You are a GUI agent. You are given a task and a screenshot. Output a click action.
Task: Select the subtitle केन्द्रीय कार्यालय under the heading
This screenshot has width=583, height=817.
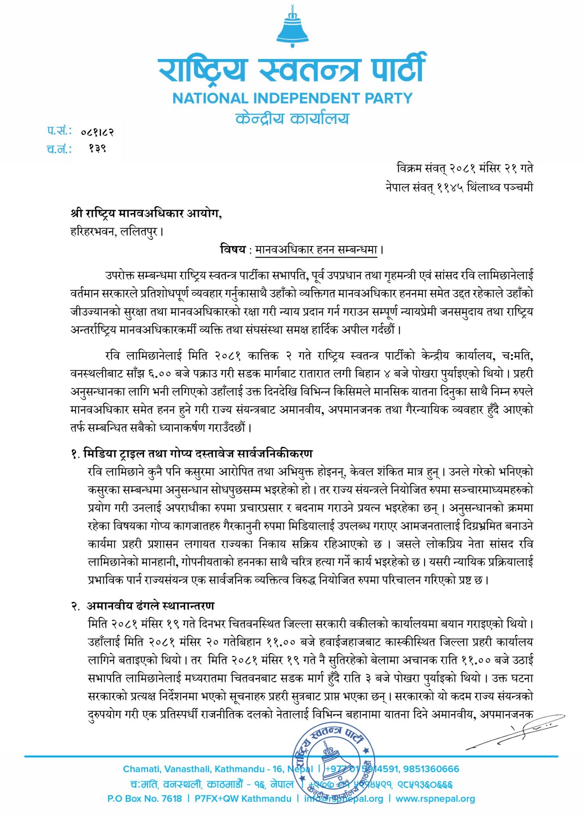[292, 118]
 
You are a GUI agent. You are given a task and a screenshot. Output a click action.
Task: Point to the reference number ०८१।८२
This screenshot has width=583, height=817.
[97, 132]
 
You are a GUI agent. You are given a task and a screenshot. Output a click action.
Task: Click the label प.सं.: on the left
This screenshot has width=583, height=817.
[59, 131]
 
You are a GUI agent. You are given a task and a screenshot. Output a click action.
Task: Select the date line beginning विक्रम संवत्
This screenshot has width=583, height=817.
[464, 168]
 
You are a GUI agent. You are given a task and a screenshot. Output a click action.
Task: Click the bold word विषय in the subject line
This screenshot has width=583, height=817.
[233, 250]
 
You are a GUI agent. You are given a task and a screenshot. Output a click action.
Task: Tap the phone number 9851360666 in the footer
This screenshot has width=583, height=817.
[431, 769]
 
